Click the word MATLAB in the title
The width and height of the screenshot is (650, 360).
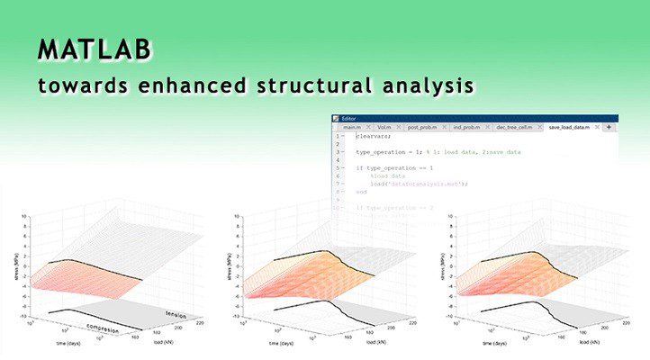coord(95,50)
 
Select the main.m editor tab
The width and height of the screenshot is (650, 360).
coord(352,128)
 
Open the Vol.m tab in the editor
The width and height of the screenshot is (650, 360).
coord(387,128)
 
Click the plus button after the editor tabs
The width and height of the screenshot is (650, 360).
coord(609,128)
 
